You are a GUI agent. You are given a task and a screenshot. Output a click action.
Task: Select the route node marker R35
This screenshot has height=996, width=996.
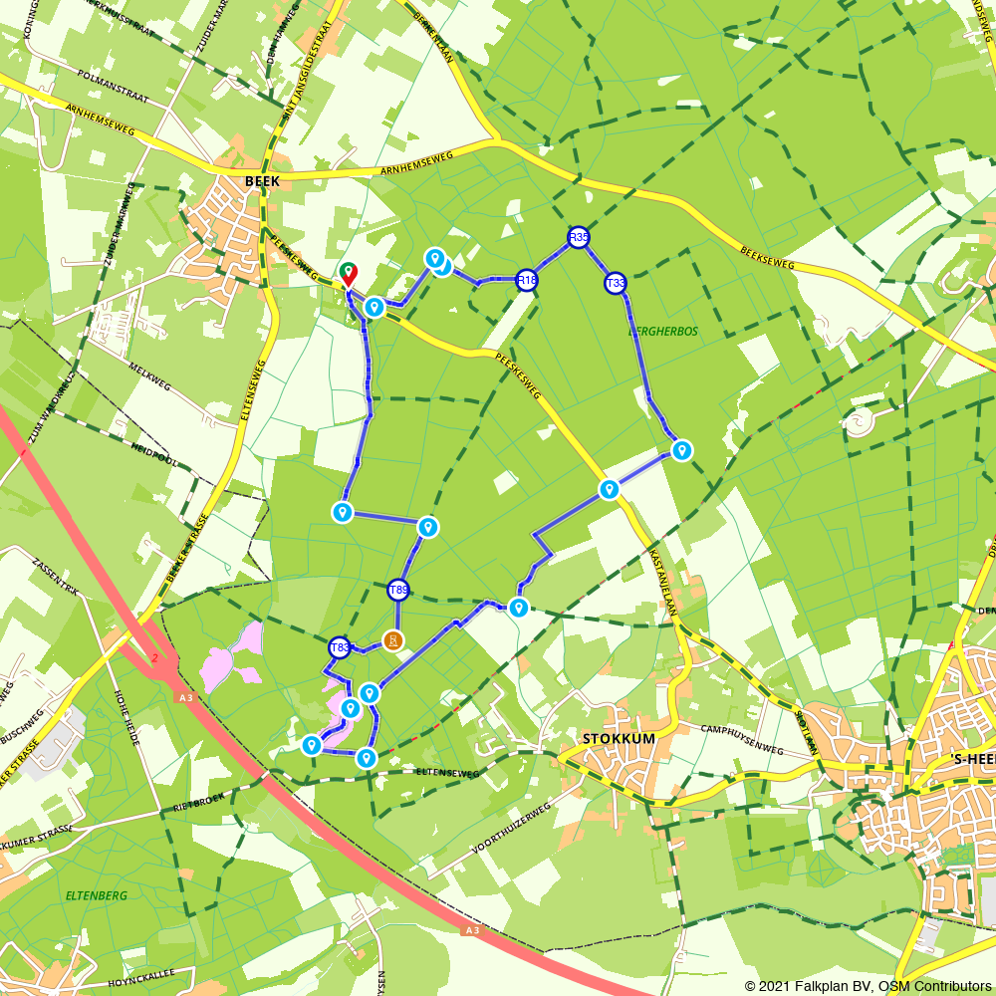[x=579, y=237]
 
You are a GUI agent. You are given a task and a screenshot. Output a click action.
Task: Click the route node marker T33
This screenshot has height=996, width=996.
[x=616, y=284]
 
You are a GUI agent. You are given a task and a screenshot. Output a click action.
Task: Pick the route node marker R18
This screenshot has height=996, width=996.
[x=527, y=281]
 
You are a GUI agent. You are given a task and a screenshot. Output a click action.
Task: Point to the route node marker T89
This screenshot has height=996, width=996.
[x=398, y=591]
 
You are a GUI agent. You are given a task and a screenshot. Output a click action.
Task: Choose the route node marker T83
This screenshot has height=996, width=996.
[x=340, y=648]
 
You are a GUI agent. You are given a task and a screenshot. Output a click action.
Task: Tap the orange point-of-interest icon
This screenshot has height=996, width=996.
[x=393, y=640]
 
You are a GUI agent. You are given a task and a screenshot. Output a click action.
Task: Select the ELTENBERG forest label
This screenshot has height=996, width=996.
[x=97, y=895]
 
